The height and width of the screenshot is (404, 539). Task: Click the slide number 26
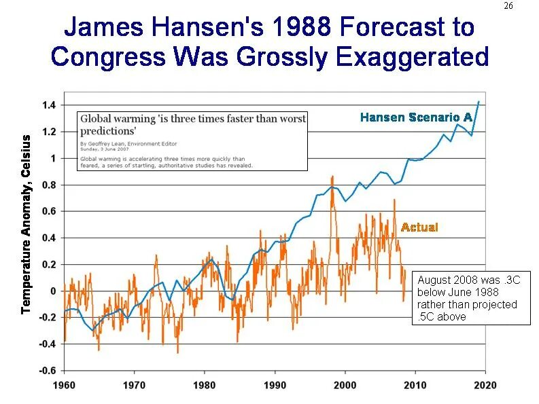click(x=508, y=6)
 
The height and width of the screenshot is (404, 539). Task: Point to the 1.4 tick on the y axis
click(x=49, y=105)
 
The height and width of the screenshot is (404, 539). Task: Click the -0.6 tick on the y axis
click(x=48, y=371)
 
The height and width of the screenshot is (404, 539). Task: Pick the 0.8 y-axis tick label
click(x=49, y=185)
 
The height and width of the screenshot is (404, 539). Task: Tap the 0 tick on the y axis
click(x=52, y=291)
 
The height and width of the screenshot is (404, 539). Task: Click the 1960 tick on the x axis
click(x=65, y=386)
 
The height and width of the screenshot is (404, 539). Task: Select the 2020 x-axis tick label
click(x=485, y=386)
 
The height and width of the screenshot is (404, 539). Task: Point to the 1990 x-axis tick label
click(x=275, y=386)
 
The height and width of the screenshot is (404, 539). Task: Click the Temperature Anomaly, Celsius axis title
click(x=26, y=224)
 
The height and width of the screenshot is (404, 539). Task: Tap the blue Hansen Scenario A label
click(x=416, y=117)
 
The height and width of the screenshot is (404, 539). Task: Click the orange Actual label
click(x=419, y=227)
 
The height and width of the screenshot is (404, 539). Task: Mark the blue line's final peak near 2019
click(x=479, y=101)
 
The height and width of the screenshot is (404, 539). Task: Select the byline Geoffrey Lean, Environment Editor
click(x=125, y=144)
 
